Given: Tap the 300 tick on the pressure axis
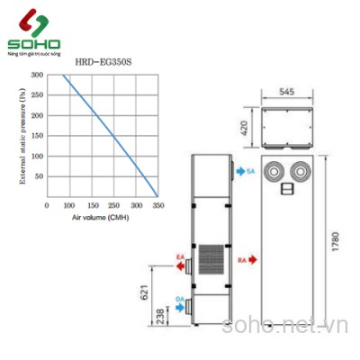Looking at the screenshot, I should pyautogui.click(x=37, y=75).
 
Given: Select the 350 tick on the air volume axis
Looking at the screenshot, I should pyautogui.click(x=158, y=205).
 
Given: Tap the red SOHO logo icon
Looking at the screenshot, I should pyautogui.click(x=30, y=22).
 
